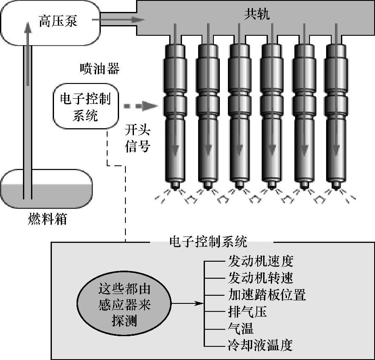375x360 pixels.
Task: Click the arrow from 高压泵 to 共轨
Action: [x=121, y=20]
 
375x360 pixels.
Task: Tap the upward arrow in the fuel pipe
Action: [x=28, y=51]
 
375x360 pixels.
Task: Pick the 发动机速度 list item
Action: [x=261, y=260]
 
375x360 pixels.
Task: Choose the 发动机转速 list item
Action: [x=261, y=277]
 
